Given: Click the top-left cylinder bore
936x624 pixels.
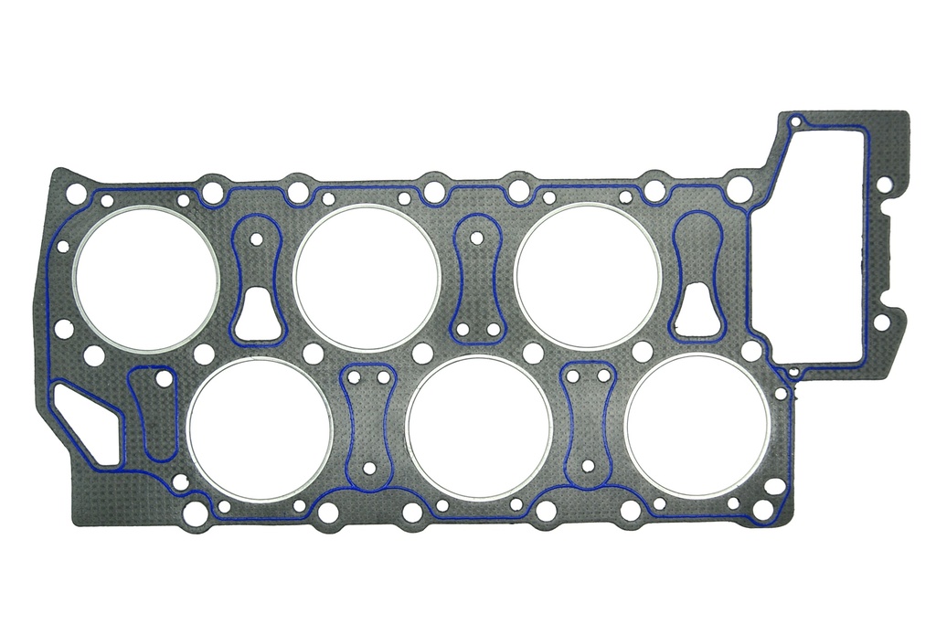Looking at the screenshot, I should point(146,278).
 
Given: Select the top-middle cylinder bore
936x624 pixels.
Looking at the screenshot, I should point(367,277).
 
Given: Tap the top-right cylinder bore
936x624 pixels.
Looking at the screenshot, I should point(587,276).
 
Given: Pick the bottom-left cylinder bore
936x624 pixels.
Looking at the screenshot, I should point(260,428).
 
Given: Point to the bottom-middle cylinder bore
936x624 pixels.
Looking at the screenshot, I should point(479,428).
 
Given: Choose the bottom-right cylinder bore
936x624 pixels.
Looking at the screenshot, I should point(698,427).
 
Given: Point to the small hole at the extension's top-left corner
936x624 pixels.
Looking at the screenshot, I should point(795,121).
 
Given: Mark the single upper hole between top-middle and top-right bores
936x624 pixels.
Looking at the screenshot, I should point(476,238).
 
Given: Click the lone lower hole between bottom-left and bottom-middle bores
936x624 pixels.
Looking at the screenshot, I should point(369,468).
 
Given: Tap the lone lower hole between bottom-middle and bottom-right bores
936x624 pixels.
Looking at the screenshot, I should point(588,466).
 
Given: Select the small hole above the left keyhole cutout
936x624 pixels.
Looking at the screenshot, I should point(257,238).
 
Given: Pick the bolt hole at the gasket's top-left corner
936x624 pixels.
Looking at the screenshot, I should point(76,194).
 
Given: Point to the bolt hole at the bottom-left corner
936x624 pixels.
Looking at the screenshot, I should point(195,513).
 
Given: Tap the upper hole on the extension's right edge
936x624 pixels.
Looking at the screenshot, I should point(882,185).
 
